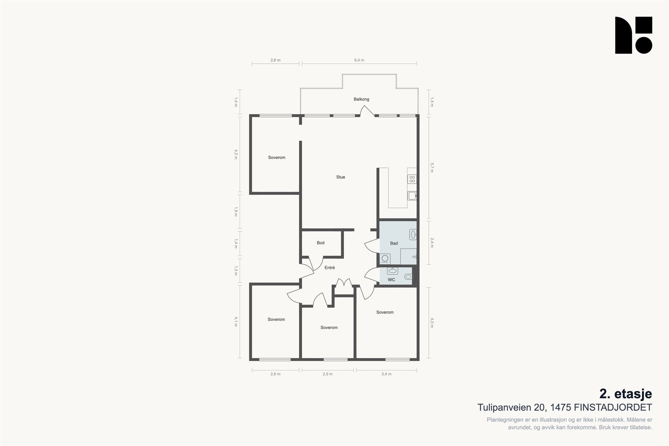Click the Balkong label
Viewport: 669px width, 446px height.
coord(361,99)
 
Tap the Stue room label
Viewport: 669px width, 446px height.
coord(340,177)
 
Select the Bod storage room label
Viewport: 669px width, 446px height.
coord(320,243)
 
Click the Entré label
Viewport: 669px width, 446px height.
coord(330,268)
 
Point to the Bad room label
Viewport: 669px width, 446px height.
coord(394,243)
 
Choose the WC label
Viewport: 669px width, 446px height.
coord(391,280)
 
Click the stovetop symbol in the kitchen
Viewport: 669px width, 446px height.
coord(412,179)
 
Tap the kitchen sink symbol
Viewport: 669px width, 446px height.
coord(412,196)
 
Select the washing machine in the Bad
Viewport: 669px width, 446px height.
coord(385,259)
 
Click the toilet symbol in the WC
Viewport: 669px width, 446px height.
coord(408,277)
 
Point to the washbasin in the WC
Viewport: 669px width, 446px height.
coord(392,271)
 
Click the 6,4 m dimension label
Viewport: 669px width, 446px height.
coord(359,60)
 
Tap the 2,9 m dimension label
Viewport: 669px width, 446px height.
coord(328,374)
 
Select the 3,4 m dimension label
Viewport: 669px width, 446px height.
coord(386,374)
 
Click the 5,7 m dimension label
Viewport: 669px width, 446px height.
coord(432,167)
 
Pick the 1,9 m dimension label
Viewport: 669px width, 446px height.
coord(236,212)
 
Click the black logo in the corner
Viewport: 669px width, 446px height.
coord(634,35)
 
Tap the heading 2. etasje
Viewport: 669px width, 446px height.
coord(626,394)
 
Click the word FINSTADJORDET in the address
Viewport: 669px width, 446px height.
coord(613,407)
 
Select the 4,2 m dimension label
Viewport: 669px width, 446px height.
coord(236,154)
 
